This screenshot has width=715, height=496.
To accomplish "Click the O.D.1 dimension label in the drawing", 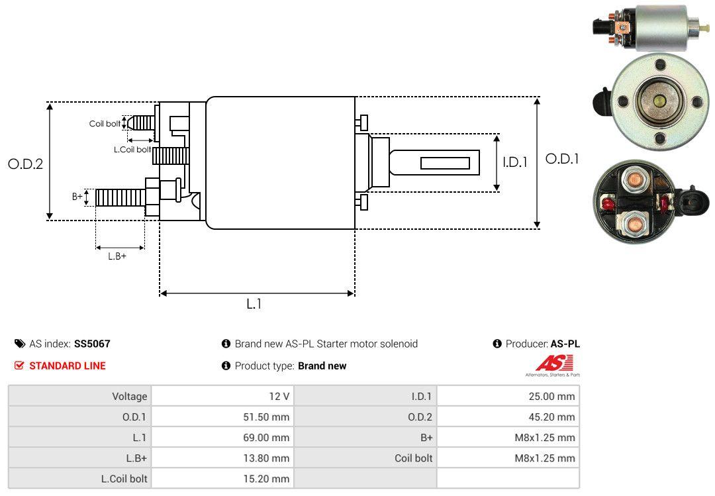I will (x=562, y=159).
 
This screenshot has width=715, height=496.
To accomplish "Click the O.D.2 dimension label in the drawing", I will (x=25, y=164).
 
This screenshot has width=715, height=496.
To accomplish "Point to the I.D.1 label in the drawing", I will (x=514, y=162).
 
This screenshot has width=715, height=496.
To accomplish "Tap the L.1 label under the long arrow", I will (x=254, y=304).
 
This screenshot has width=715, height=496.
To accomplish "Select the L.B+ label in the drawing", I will (x=117, y=256).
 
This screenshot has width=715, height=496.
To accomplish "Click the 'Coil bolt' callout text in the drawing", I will (x=105, y=124).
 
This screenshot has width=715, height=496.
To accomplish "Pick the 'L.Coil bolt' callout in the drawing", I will (x=132, y=150).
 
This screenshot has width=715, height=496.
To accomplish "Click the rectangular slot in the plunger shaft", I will (x=445, y=163).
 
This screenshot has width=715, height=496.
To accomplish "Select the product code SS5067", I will (x=92, y=344).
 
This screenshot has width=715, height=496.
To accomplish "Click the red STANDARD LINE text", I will (x=67, y=366).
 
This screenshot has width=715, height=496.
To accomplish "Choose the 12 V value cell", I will (x=279, y=397).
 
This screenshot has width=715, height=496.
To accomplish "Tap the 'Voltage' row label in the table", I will (x=130, y=397).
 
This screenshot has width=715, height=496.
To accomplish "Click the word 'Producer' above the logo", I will (x=526, y=344).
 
